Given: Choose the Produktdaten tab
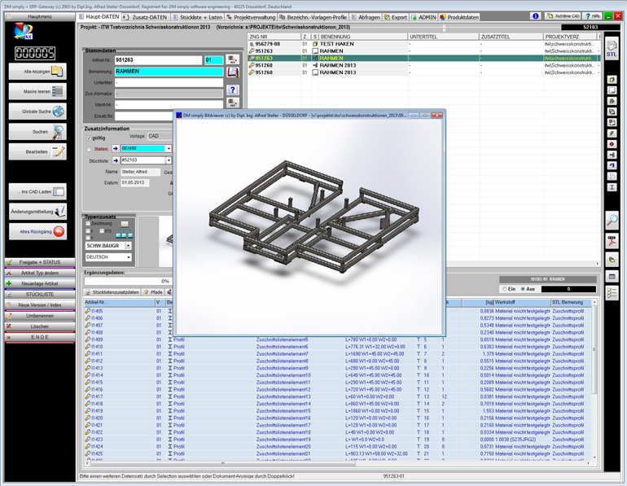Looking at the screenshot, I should [460, 16].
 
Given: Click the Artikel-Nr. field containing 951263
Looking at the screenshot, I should [158, 60].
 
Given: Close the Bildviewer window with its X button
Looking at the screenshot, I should [437, 116].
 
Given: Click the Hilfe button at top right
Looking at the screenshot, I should [593, 16].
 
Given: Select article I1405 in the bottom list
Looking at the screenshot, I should [98, 311].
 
